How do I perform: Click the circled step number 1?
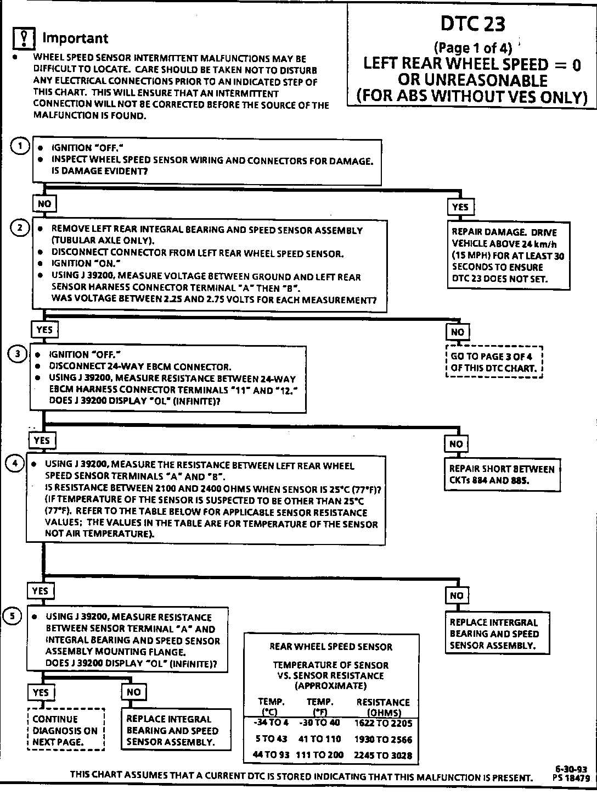(21, 146)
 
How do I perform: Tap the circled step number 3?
(18, 354)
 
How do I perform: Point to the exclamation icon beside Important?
(23, 38)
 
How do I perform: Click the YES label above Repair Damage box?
(460, 207)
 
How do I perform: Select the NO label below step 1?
(44, 204)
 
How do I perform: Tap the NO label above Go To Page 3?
(457, 332)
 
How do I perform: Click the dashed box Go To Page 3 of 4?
(494, 362)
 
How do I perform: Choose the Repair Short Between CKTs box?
(502, 475)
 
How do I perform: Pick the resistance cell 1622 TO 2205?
(383, 723)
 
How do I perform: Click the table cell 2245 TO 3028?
(383, 755)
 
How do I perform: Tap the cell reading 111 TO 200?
(319, 755)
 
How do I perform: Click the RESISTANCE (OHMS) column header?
(383, 707)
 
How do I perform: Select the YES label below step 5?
(41, 692)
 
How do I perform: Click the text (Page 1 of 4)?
(472, 47)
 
